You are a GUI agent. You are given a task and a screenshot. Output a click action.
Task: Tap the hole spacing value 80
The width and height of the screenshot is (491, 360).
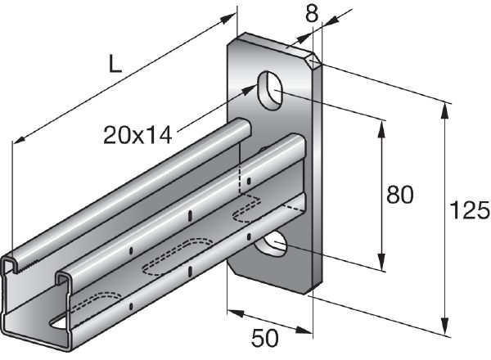point(399,196)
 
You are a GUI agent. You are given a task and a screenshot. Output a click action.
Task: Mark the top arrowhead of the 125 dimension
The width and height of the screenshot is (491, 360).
point(447,106)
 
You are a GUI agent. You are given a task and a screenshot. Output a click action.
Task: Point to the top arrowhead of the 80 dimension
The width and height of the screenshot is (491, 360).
point(381,123)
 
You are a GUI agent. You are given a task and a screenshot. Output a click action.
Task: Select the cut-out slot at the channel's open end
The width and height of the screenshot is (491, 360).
point(60,324)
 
